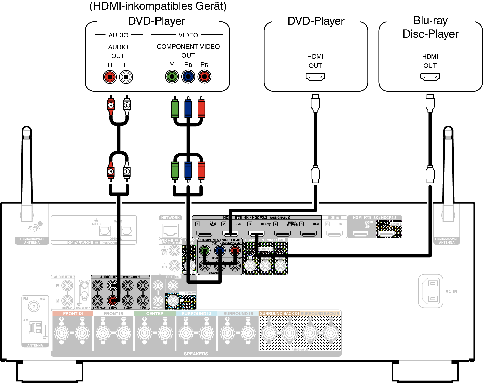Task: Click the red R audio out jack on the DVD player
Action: pyautogui.click(x=110, y=77)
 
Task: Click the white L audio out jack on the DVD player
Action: pyautogui.click(x=126, y=77)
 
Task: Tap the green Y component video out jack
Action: pyautogui.click(x=172, y=76)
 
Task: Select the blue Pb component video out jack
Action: pyautogui.click(x=188, y=76)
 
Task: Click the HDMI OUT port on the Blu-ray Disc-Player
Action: pyautogui.click(x=430, y=76)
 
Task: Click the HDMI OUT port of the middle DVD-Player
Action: pyautogui.click(x=315, y=76)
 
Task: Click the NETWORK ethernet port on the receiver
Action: pyautogui.click(x=170, y=231)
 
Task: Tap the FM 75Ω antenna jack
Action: pyautogui.click(x=34, y=306)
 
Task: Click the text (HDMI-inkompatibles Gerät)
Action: pyautogui.click(x=158, y=6)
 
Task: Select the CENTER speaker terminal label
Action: pyautogui.click(x=155, y=314)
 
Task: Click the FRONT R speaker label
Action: pyautogui.click(x=73, y=314)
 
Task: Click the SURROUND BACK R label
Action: pyautogui.click(x=279, y=314)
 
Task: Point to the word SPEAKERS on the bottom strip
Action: pyautogui.click(x=196, y=354)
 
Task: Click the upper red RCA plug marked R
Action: pyautogui.click(x=111, y=105)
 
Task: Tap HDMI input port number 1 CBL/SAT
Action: pyautogui.click(x=205, y=233)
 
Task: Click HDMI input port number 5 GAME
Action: pyautogui.click(x=308, y=233)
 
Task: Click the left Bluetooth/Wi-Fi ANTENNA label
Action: pyautogui.click(x=32, y=241)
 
